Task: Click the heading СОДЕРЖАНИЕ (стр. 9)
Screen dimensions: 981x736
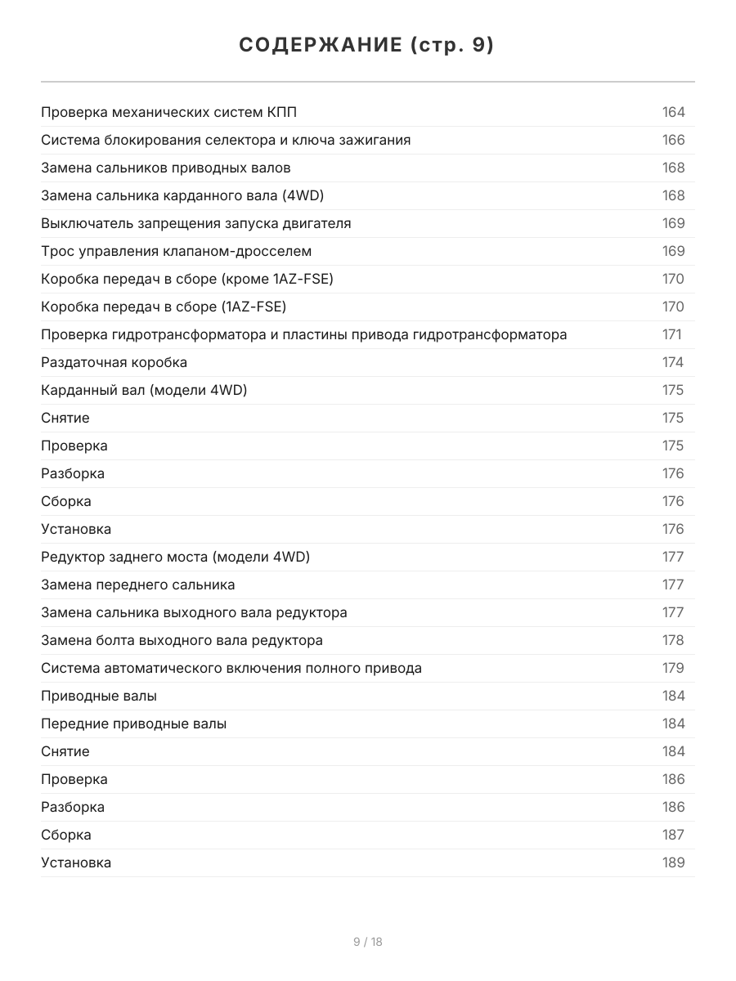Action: coord(367,46)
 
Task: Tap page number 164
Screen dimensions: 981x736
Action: coord(673,112)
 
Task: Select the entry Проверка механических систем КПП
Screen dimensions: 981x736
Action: coord(174,112)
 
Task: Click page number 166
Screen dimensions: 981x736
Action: coord(673,140)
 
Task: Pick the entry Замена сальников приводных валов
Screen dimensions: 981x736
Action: coord(166,168)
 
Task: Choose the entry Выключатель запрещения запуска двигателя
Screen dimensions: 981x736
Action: coord(196,223)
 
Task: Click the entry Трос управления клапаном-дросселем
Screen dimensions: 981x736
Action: coord(177,251)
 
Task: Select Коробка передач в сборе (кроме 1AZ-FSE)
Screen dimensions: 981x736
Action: coord(187,279)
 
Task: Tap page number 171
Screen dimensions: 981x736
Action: coord(671,334)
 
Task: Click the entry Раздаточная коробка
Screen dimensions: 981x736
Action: coord(114,362)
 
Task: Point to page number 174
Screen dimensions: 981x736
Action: coord(673,362)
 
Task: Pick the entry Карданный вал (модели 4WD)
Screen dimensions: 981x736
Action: coord(144,390)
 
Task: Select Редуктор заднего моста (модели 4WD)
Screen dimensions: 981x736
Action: coord(176,557)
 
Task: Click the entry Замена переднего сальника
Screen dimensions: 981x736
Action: coord(138,585)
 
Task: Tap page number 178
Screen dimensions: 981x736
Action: coord(673,640)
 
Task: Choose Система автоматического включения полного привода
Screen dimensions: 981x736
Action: coord(231,668)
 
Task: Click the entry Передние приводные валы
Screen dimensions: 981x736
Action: coord(134,723)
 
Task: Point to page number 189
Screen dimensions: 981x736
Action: coord(673,862)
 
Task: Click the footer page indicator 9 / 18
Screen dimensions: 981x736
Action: coord(367,942)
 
